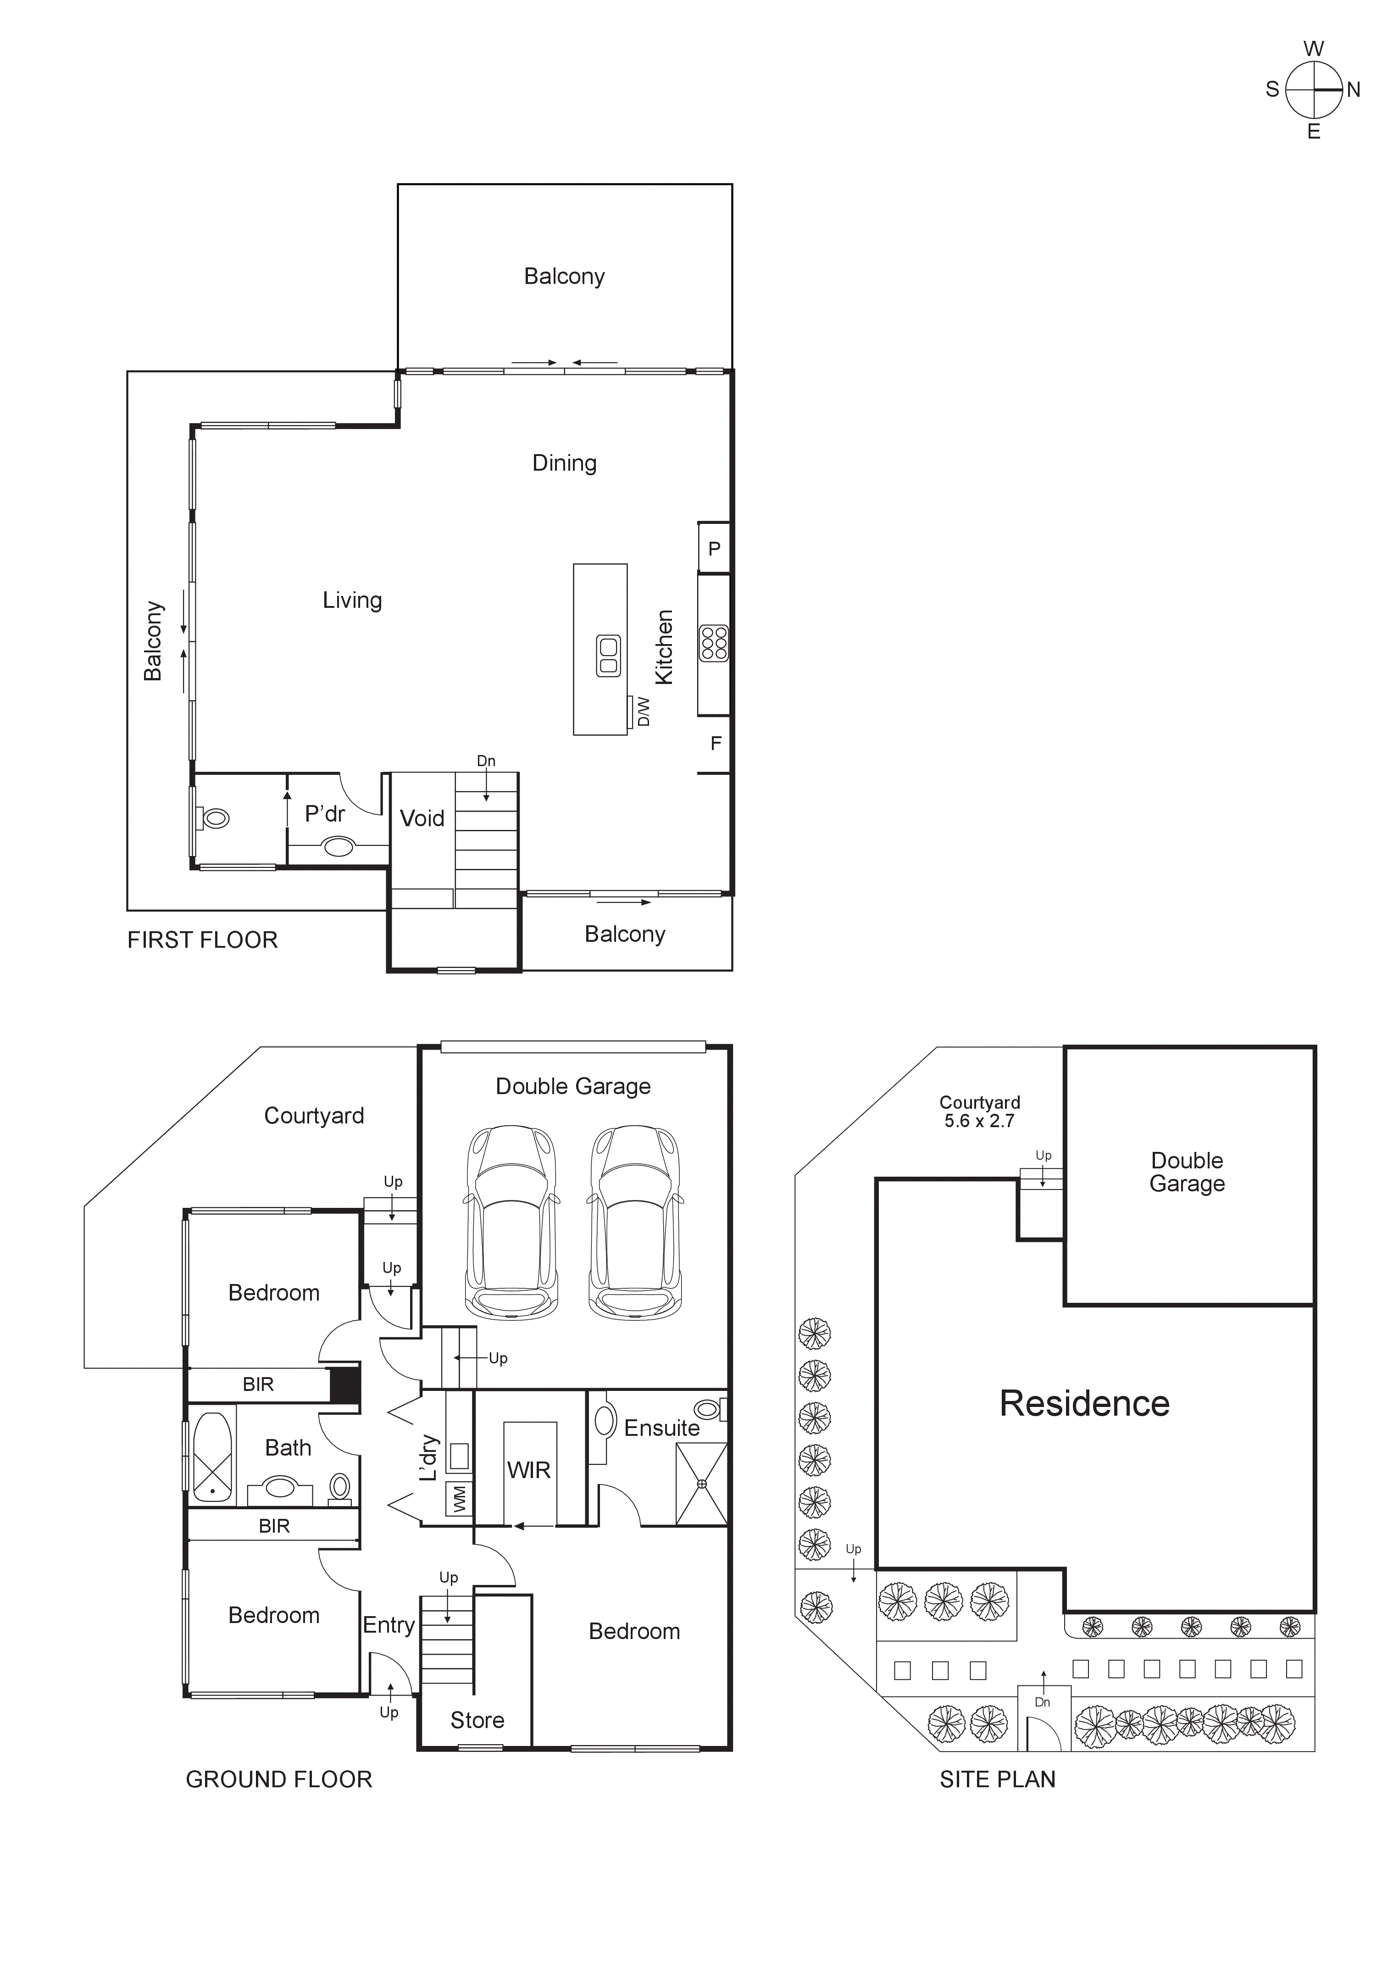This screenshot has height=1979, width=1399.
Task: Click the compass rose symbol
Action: click(1314, 89)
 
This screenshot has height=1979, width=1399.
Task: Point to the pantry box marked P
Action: click(714, 548)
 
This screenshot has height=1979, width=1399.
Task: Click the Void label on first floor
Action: click(422, 818)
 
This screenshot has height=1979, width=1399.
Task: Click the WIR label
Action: click(528, 1470)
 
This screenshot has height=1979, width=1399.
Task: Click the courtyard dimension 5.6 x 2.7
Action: click(979, 1121)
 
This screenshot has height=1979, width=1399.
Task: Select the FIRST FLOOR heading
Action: click(203, 940)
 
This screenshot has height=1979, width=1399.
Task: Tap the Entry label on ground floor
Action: click(389, 1625)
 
